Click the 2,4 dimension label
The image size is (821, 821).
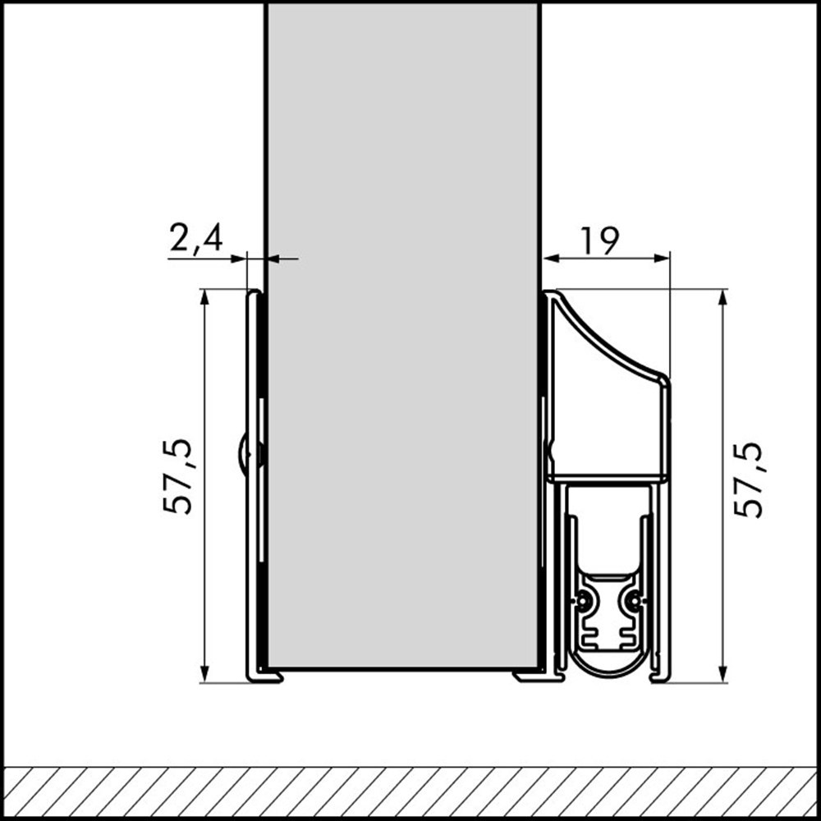(x=195, y=239)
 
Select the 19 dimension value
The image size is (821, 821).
(x=599, y=241)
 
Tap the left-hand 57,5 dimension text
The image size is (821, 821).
(x=178, y=476)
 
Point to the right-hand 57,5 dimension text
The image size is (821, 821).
(x=748, y=479)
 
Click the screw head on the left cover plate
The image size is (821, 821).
(x=244, y=452)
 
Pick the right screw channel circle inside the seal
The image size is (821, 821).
(x=632, y=601)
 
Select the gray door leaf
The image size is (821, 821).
(x=402, y=328)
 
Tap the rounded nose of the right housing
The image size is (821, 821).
(x=663, y=379)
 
